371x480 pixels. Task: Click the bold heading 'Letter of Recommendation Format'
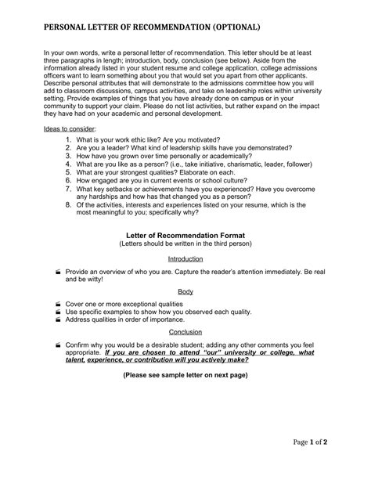click(x=185, y=234)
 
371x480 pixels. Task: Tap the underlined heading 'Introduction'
click(x=185, y=258)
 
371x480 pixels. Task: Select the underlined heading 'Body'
click(x=185, y=291)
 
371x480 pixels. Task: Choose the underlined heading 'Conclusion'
click(x=185, y=331)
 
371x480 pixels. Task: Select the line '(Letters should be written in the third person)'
click(x=185, y=243)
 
